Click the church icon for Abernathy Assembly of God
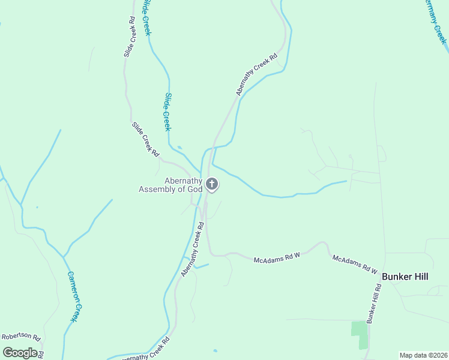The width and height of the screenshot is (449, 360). pyautogui.click(x=211, y=184)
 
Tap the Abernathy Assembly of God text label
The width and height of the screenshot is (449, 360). pyautogui.click(x=171, y=185)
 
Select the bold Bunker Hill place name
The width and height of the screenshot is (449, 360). pyautogui.click(x=405, y=276)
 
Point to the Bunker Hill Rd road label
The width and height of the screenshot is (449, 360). pyautogui.click(x=374, y=304)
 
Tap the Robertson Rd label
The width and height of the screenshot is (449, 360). pyautogui.click(x=20, y=337)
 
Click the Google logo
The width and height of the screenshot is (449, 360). pyautogui.click(x=20, y=352)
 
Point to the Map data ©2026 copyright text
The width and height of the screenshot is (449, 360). pyautogui.click(x=423, y=355)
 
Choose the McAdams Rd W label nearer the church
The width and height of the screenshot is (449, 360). pyautogui.click(x=276, y=258)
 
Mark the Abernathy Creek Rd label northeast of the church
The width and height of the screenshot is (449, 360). pyautogui.click(x=256, y=75)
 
